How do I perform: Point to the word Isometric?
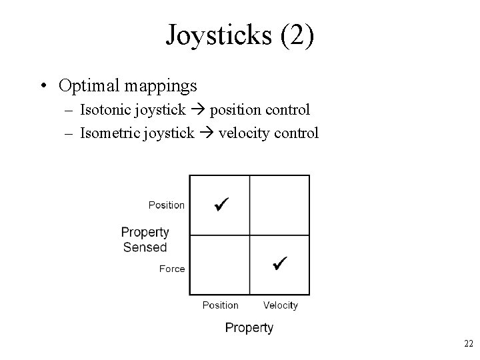tap(109, 133)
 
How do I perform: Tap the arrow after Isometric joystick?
tap(207, 133)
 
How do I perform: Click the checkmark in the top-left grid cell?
tap(221, 203)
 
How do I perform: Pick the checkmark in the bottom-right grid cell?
tap(279, 264)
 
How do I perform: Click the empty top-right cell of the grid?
tap(280, 205)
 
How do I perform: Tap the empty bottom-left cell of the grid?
tap(220, 264)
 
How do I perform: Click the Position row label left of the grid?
tap(167, 205)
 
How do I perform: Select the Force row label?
tap(172, 269)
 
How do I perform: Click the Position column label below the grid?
tap(220, 305)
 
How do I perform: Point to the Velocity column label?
tap(280, 305)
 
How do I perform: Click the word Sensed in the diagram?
tap(145, 247)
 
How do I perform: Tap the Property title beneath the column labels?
tap(249, 327)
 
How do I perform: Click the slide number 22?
tap(468, 343)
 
